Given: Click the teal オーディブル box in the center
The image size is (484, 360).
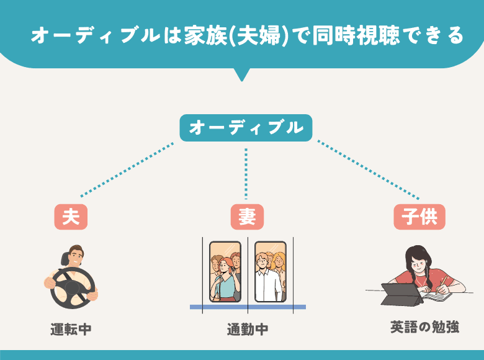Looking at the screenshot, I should tap(246, 128).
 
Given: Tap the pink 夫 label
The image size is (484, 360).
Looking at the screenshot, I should tap(71, 217).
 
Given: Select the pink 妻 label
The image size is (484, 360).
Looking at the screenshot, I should tap(246, 217).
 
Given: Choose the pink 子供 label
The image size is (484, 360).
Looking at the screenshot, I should tap(419, 217).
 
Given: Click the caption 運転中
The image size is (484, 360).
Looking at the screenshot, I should tap(71, 328).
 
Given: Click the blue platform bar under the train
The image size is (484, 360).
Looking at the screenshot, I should tap(248, 307).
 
